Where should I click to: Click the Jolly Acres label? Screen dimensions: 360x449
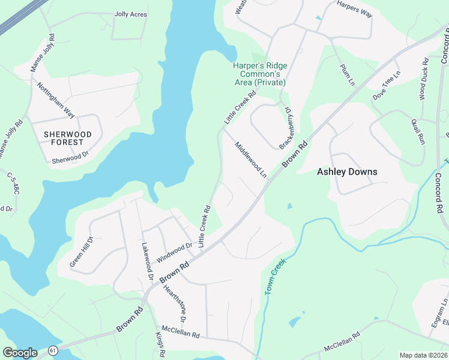130,13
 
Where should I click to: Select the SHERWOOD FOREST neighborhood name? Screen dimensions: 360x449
68,139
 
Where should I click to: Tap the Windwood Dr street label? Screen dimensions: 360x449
174,253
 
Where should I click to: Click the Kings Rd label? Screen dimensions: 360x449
160,344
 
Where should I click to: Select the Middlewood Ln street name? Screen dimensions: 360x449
251,160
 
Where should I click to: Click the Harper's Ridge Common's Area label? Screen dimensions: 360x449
260,74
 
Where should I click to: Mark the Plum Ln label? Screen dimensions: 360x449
348,75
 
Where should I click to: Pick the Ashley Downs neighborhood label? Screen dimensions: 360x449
347,172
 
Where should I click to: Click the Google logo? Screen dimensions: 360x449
20,353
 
